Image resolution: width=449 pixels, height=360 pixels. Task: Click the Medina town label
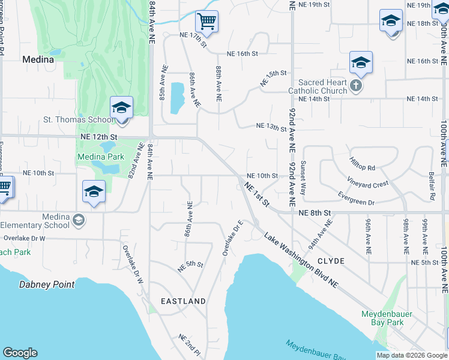coord(38,59)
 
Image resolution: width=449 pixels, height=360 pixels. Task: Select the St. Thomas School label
coord(77,119)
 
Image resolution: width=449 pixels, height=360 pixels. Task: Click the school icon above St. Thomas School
coord(121,108)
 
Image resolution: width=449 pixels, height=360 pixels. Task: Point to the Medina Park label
coord(100,157)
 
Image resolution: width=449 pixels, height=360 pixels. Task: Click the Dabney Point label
coord(47,284)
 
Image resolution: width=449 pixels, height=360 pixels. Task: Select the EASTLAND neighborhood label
coord(183,301)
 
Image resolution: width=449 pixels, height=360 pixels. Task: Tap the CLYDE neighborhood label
coord(331,261)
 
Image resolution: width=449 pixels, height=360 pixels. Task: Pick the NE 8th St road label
coord(315,212)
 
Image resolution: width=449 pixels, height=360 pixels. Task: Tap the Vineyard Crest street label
coord(367,182)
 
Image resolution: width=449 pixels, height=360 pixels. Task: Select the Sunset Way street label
coord(304,179)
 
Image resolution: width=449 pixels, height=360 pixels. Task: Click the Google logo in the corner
coord(20,353)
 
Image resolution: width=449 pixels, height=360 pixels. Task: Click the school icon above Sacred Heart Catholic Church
coord(361,62)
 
